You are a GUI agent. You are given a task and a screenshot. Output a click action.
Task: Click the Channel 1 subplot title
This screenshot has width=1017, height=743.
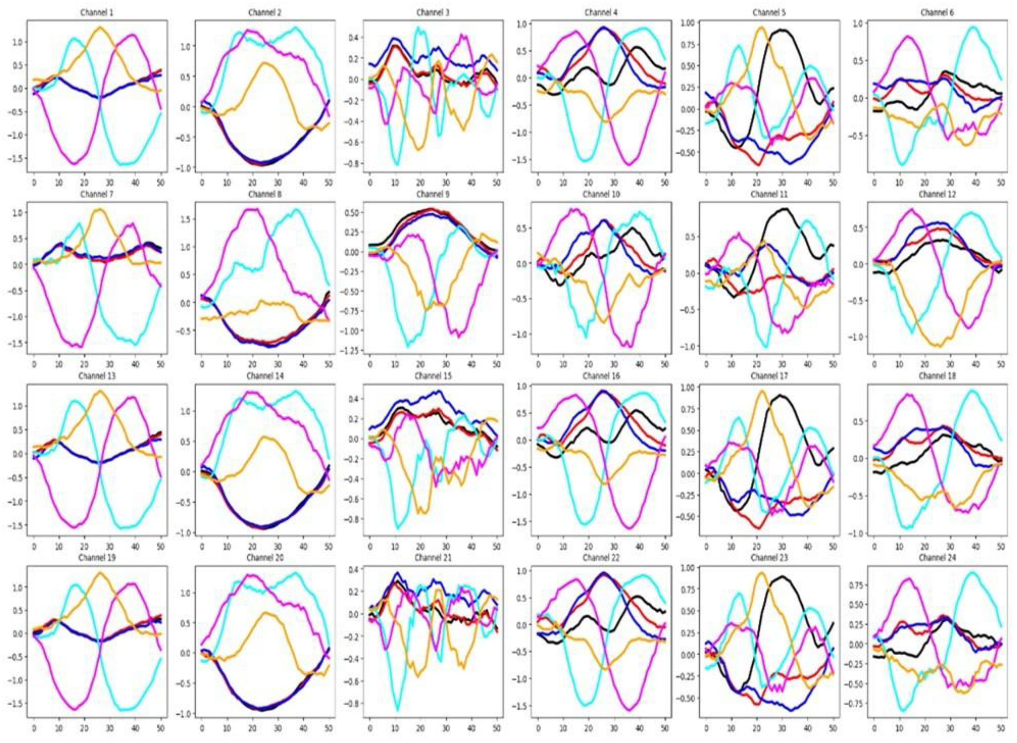[97, 13]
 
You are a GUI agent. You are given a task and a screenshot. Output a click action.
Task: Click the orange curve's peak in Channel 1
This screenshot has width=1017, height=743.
[100, 27]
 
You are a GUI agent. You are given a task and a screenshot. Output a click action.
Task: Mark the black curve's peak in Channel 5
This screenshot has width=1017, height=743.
[783, 30]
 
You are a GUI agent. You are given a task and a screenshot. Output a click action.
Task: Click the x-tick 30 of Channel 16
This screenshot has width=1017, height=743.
[613, 546]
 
